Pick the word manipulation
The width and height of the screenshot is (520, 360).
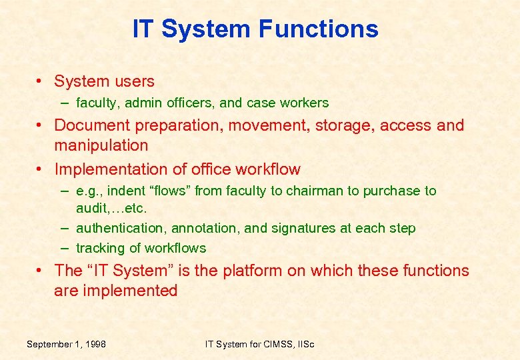(x=101, y=145)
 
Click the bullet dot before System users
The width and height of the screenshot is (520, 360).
(x=41, y=82)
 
